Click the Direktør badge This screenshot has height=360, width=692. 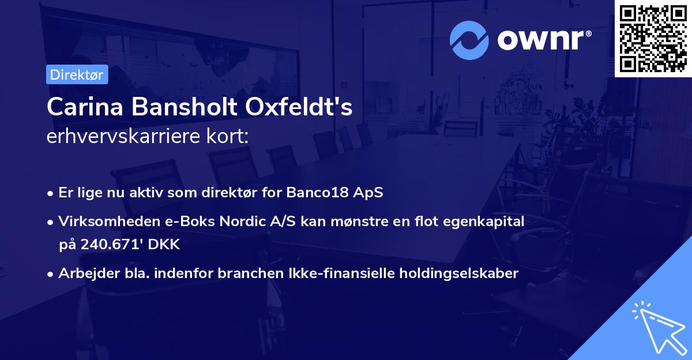click(x=77, y=75)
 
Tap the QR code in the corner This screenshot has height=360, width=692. click(x=653, y=38)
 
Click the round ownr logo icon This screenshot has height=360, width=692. click(x=469, y=40)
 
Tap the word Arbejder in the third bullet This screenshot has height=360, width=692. click(x=83, y=273)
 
